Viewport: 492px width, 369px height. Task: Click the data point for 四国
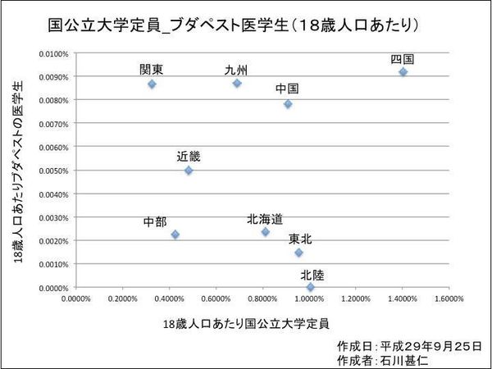coord(403,72)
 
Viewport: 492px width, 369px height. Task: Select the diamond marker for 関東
coord(152,84)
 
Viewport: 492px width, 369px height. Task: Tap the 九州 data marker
coord(237,83)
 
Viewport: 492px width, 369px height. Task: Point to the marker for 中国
coord(288,104)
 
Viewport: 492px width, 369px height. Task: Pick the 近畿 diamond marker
coord(189,171)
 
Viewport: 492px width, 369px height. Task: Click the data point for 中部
coord(175,235)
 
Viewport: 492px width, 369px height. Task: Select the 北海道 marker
coord(265,232)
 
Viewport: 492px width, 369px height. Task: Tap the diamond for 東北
coord(298,253)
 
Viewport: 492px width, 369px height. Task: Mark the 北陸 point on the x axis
coord(310,287)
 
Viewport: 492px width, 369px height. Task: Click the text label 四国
coord(402,59)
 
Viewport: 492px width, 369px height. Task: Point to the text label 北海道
coord(265,219)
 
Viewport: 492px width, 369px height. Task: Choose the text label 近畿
coord(189,156)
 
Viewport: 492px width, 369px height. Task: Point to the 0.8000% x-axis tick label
coord(263,298)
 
